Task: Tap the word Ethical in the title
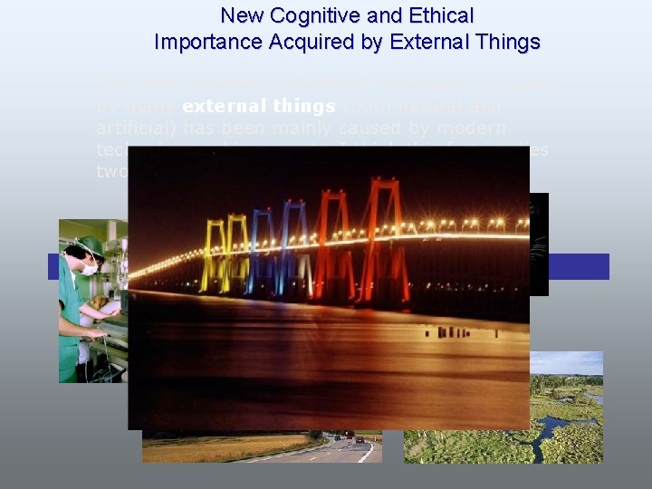[440, 15]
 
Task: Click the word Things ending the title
[505, 42]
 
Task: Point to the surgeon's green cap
[89, 244]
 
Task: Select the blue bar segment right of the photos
[579, 266]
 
